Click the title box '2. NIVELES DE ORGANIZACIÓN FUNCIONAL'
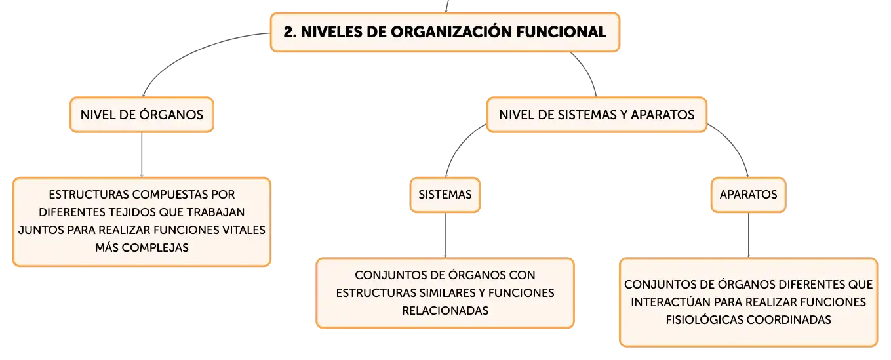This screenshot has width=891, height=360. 445,32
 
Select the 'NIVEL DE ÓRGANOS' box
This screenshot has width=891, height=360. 142,115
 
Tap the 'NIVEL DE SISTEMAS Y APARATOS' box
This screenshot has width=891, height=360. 597,115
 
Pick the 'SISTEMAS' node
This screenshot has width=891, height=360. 445,195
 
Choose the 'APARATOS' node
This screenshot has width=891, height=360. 748,195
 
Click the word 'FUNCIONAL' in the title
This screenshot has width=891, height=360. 561,32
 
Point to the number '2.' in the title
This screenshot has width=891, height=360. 290,32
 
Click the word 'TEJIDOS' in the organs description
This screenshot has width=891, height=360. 132,212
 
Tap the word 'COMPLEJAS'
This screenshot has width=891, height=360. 155,248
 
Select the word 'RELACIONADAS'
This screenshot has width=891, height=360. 445,311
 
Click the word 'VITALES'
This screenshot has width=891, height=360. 244,230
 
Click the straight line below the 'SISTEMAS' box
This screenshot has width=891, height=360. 445,235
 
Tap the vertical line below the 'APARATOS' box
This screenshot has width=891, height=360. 748,235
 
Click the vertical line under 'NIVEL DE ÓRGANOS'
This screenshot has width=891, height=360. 142,155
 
